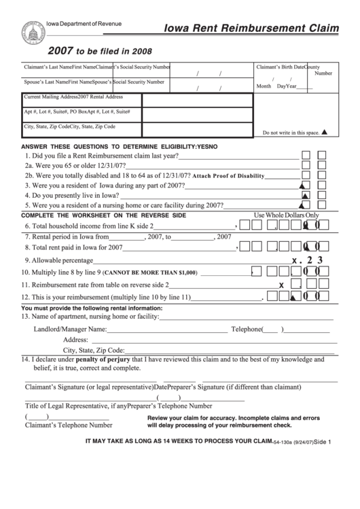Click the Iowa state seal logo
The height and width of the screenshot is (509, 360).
tap(31, 33)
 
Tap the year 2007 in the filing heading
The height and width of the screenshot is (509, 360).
tap(60, 51)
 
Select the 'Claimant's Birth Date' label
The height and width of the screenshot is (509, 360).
tap(280, 67)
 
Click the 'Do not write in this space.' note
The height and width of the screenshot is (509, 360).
tap(291, 133)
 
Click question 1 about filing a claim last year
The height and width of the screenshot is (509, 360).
tap(102, 156)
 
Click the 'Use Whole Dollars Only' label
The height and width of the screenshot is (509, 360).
tap(286, 215)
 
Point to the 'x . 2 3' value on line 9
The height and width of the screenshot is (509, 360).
tap(311, 260)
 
